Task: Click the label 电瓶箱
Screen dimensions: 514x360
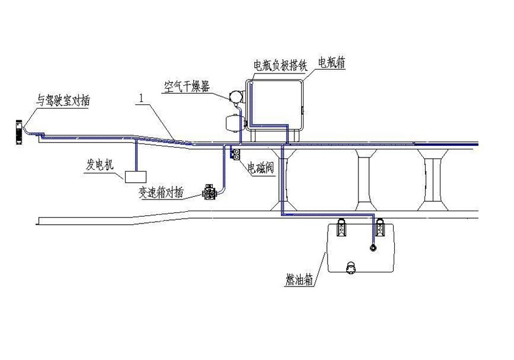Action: [x=332, y=62]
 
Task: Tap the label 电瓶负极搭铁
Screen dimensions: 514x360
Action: [x=280, y=65]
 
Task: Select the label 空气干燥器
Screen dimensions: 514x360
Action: [x=187, y=86]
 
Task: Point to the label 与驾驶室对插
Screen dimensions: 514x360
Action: [x=62, y=100]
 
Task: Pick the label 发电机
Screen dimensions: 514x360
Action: [x=100, y=164]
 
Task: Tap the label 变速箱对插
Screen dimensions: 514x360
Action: [x=161, y=193]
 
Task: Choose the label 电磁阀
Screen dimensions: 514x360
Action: [x=260, y=169]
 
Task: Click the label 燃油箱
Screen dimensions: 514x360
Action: [x=299, y=280]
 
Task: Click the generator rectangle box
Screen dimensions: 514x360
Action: [x=135, y=176]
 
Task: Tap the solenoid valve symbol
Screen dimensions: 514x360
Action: [x=235, y=154]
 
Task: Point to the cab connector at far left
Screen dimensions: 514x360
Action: [x=19, y=132]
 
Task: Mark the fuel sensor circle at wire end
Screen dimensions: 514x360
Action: [x=373, y=248]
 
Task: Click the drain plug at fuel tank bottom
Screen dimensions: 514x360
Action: [x=350, y=267]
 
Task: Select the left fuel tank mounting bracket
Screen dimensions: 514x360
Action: [x=342, y=227]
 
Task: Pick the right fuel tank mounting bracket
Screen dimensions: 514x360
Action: [x=379, y=227]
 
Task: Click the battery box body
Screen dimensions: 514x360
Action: [x=275, y=103]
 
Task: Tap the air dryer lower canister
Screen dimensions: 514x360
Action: [x=233, y=122]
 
